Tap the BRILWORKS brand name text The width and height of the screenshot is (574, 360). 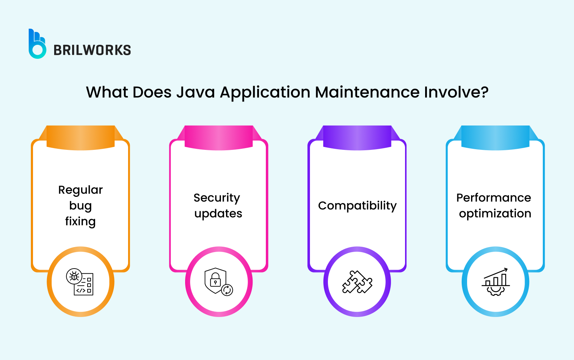(x=92, y=50)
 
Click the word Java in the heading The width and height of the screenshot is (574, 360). (x=196, y=92)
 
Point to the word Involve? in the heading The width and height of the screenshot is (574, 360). (x=456, y=92)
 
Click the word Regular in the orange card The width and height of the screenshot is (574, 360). (x=80, y=190)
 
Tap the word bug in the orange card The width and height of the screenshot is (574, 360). (x=80, y=206)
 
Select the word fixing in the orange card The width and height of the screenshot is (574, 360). (x=80, y=222)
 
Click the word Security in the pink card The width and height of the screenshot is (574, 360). (x=217, y=198)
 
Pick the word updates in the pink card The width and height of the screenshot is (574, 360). (x=218, y=214)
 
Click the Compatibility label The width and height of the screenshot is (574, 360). (x=357, y=206)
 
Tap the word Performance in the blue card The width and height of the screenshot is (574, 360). (x=494, y=198)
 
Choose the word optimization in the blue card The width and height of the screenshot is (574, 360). (x=495, y=214)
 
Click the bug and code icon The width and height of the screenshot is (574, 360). (x=80, y=282)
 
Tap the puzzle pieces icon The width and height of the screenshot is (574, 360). (x=357, y=282)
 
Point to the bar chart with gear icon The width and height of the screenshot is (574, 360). (x=495, y=282)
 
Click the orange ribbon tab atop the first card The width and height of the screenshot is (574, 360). (x=81, y=137)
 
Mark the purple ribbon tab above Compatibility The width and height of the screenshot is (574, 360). (x=357, y=137)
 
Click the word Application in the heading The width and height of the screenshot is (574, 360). (x=265, y=92)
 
